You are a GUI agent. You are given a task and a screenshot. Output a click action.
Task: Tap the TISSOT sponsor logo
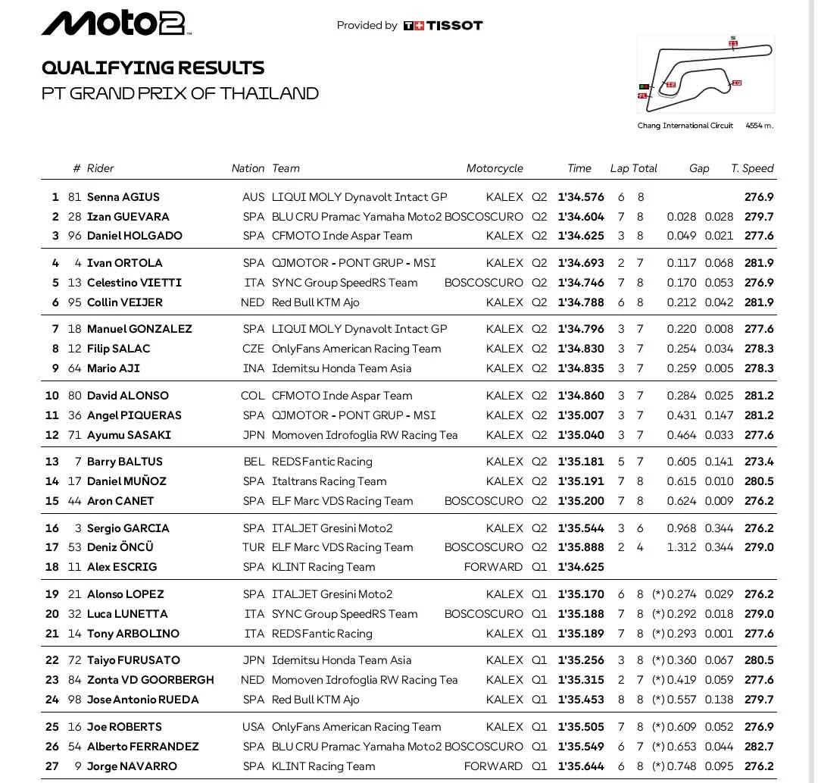[x=443, y=26]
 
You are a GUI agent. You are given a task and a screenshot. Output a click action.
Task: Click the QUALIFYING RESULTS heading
[x=153, y=67]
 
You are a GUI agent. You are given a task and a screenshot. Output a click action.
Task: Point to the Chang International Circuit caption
[x=685, y=126]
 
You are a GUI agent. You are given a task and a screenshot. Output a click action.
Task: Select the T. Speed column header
[x=752, y=168]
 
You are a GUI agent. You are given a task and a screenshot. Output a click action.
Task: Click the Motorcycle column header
[x=495, y=168]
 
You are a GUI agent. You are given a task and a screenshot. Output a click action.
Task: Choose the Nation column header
[x=248, y=168]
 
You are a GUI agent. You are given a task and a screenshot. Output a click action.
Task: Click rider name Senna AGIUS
[x=123, y=197]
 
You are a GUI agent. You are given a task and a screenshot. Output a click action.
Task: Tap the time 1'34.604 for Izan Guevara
[x=581, y=217]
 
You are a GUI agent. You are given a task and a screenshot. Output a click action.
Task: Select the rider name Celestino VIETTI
[x=134, y=283]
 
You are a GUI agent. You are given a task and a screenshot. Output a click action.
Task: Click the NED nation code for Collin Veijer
[x=253, y=302]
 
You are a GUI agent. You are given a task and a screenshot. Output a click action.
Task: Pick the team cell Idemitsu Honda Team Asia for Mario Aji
[x=342, y=368]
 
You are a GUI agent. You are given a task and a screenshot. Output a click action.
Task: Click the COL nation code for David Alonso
[x=253, y=396]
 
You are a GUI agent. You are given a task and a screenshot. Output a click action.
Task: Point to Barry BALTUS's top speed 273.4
[x=759, y=462]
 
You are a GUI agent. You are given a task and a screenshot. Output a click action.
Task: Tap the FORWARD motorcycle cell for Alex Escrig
[x=493, y=567]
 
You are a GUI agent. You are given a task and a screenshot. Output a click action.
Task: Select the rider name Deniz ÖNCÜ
[x=120, y=547]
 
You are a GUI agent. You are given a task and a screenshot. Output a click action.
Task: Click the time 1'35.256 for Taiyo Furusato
[x=581, y=660]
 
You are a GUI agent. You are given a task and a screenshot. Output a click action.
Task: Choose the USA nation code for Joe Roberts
[x=253, y=727]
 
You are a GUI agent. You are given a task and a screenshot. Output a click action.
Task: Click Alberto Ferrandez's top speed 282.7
[x=759, y=747]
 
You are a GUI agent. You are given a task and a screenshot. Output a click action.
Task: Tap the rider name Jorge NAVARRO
[x=132, y=766]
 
